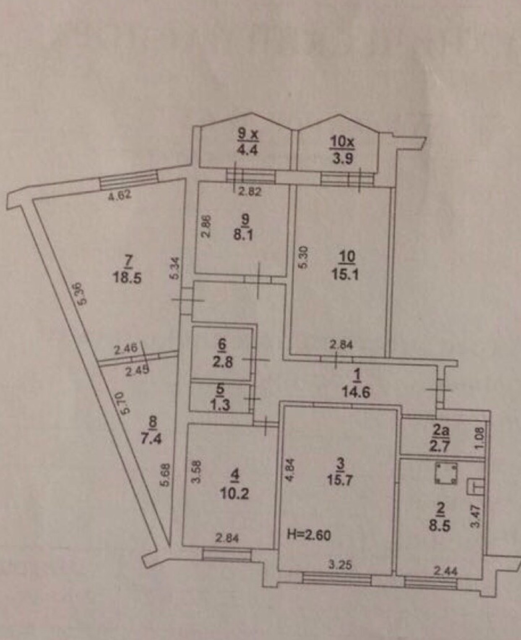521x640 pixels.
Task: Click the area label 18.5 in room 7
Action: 127,277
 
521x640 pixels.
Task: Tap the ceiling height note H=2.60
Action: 309,535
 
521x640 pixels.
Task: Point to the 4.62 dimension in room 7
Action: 120,195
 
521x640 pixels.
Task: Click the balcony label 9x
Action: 249,134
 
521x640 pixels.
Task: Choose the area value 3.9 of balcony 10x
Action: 342,159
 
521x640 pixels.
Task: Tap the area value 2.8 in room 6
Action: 222,361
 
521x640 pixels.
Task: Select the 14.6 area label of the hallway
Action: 356,392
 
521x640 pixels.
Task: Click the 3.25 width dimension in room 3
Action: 340,565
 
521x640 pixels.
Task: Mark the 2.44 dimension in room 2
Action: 445,571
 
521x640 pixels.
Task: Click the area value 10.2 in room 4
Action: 234,493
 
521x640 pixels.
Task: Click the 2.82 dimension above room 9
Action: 250,192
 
